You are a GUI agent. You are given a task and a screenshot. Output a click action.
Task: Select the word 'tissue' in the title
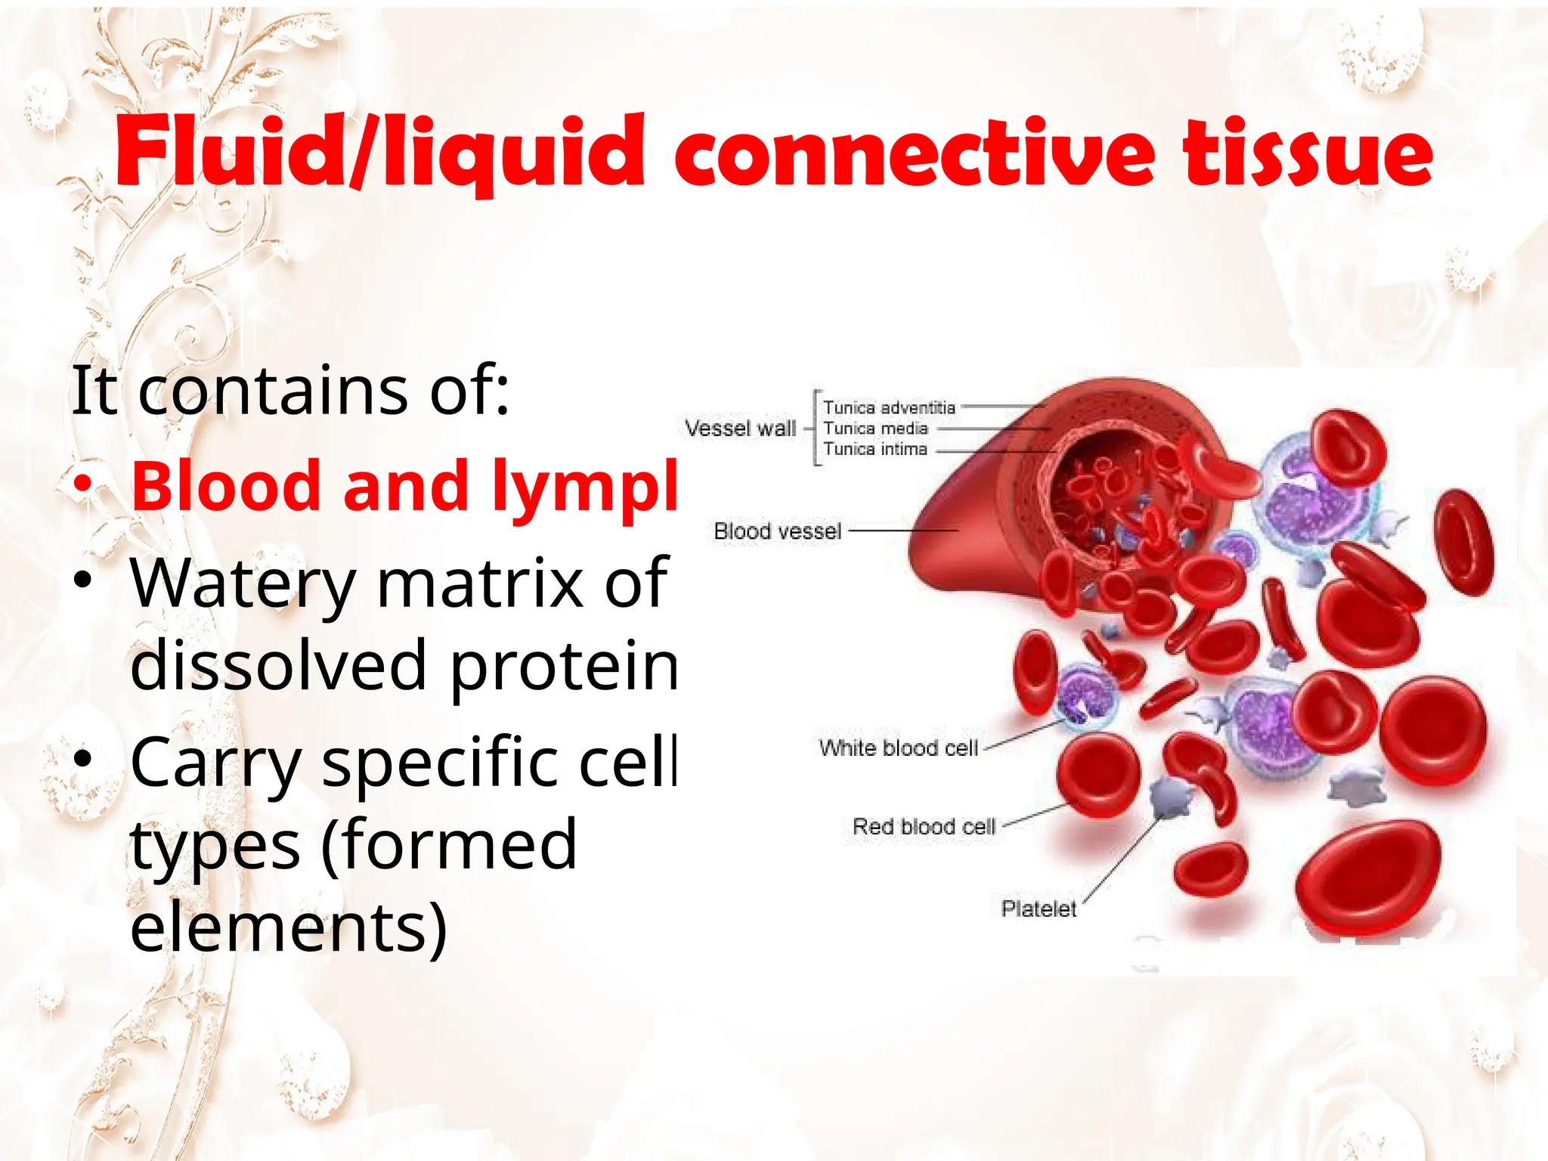point(1308,155)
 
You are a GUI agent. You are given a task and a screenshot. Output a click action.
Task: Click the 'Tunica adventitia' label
point(889,408)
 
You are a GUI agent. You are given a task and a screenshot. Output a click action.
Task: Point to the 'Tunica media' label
point(875,429)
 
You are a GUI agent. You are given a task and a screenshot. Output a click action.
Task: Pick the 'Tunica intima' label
point(875,449)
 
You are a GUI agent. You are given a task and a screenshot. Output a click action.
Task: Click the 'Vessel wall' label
point(740,429)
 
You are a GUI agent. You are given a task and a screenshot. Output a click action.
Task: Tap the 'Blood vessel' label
point(777,531)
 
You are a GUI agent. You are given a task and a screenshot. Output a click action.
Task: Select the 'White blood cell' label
point(898,748)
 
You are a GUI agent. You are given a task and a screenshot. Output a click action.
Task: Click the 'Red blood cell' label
point(924,827)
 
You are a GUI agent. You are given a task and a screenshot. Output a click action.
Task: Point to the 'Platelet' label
point(1039,909)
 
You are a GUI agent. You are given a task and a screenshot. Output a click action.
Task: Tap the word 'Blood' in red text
point(227,485)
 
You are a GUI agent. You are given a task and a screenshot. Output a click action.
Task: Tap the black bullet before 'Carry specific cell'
point(83,758)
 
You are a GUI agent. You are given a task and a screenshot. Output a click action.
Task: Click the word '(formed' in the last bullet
point(449,845)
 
